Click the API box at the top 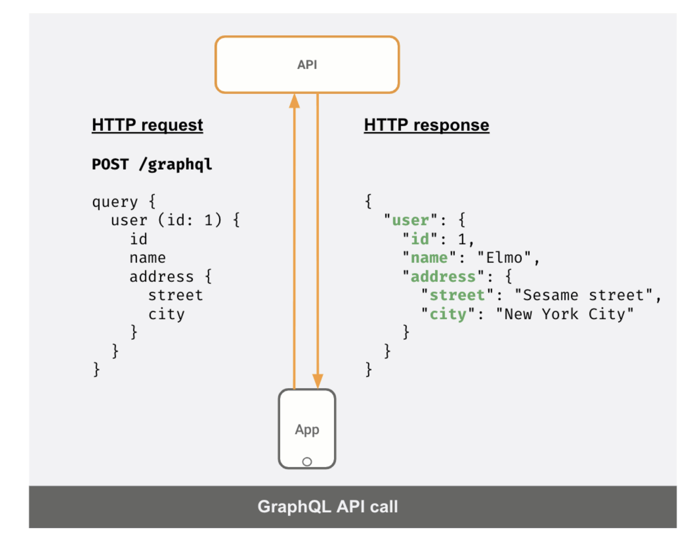(307, 64)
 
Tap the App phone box (307, 429)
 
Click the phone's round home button (307, 462)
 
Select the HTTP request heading (147, 125)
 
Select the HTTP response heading (426, 125)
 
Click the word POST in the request (110, 164)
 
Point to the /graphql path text (175, 164)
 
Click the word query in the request (114, 202)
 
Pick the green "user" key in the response (410, 220)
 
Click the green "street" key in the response (457, 295)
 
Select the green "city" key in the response (448, 314)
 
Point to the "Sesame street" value (583, 295)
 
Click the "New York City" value (565, 314)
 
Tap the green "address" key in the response (443, 276)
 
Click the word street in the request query (175, 295)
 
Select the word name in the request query (148, 258)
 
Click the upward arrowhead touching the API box (295, 101)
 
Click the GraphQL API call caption (327, 506)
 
